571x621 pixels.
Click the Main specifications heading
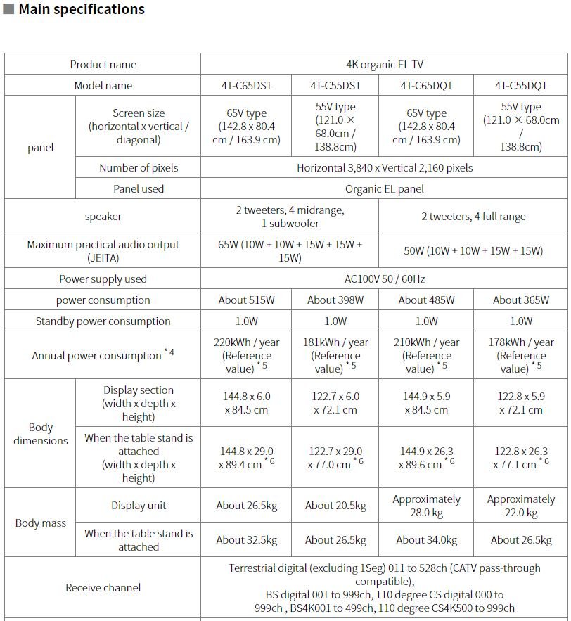point(81,10)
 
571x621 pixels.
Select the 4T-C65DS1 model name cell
point(246,86)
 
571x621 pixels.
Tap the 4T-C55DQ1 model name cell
point(520,86)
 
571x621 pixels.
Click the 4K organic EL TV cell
point(385,65)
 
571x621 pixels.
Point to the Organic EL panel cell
point(385,189)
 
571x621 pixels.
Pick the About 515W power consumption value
point(246,300)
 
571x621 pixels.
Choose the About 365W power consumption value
point(520,300)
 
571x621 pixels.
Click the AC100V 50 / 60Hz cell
point(385,279)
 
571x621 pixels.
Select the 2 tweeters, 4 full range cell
point(473,217)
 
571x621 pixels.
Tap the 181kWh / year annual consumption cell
point(335,355)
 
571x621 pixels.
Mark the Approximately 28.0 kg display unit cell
point(426,506)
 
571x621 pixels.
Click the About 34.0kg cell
point(426,540)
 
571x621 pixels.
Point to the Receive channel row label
point(103,588)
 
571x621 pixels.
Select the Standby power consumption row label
point(103,321)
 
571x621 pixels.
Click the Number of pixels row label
point(139,168)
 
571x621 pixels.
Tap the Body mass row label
point(41,523)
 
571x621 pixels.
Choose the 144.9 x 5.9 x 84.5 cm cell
point(426,403)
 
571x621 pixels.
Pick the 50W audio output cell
point(473,251)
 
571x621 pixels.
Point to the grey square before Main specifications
point(9,10)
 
